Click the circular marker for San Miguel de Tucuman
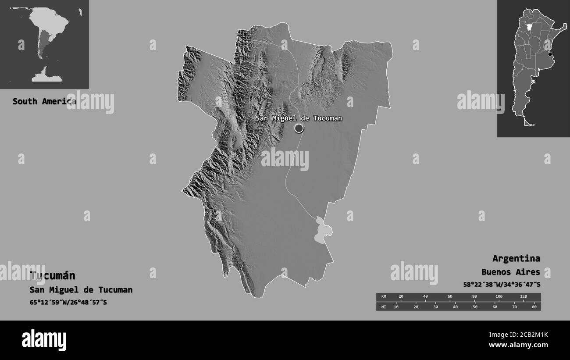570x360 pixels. click(299, 128)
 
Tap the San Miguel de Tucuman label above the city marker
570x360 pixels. click(299, 118)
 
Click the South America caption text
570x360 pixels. click(44, 101)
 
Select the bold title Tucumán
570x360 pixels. click(53, 275)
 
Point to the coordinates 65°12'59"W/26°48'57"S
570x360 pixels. click(68, 303)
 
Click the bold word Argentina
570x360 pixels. click(516, 258)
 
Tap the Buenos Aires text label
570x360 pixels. click(510, 272)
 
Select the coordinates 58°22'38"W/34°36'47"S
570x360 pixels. click(502, 285)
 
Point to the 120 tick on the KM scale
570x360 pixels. click(523, 297)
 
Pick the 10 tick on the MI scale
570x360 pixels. click(396, 307)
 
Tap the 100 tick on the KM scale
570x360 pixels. click(499, 297)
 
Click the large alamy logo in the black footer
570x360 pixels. click(44, 340)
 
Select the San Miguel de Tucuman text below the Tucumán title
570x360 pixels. click(81, 290)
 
